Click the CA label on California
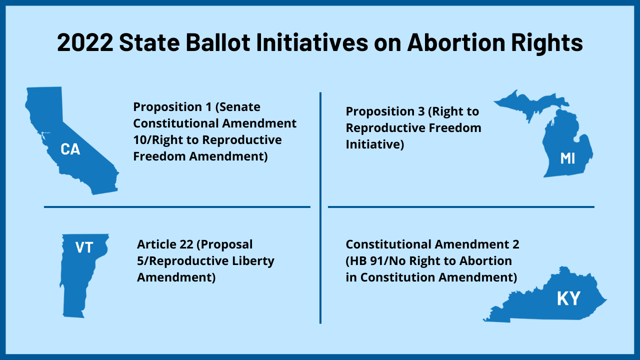pos(70,149)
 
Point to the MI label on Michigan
pos(567,158)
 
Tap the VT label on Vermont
pos(84,247)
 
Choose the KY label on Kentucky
pos(568,298)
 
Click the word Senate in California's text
pos(240,107)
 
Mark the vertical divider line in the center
pos(320,207)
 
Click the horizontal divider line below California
pos(177,206)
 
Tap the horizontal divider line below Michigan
pos(461,206)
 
